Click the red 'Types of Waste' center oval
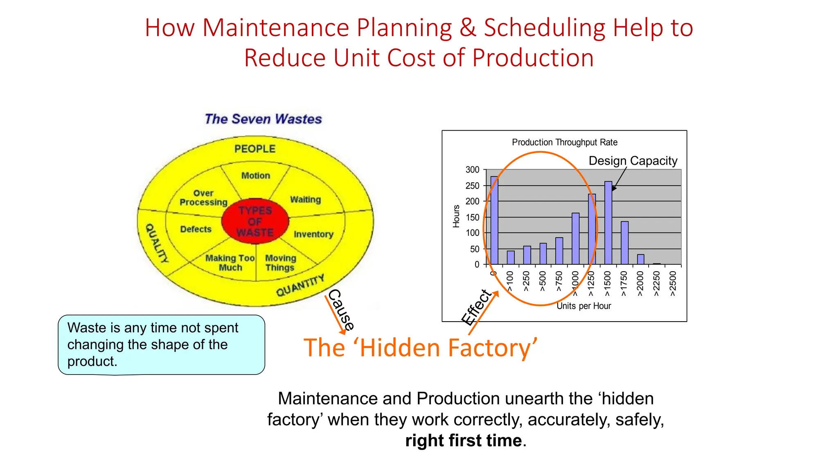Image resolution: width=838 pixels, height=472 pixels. (255, 222)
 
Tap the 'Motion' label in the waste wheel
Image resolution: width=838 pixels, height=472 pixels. (256, 176)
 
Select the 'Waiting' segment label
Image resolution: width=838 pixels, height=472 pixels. (305, 200)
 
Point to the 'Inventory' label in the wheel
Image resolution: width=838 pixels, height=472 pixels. (313, 234)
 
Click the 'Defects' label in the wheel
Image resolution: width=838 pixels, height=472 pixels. (196, 229)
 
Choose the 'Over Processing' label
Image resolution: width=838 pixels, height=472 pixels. (203, 198)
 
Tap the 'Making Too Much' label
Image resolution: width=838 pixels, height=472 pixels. (230, 263)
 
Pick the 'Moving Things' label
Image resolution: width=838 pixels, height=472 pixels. (280, 263)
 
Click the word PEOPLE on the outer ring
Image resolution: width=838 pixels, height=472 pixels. (255, 149)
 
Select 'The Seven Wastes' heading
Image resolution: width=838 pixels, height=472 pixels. (263, 119)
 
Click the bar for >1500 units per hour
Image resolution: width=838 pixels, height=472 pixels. (608, 223)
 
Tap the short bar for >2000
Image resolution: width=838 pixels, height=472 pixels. (640, 259)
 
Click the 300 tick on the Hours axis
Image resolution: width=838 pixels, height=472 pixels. (472, 170)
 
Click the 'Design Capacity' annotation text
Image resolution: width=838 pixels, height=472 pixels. (633, 161)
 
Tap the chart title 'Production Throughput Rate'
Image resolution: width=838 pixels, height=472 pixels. (564, 143)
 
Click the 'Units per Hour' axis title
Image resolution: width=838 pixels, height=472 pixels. (583, 306)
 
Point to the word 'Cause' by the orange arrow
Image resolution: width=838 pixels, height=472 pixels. (341, 310)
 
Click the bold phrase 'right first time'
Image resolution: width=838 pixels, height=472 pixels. (463, 441)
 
